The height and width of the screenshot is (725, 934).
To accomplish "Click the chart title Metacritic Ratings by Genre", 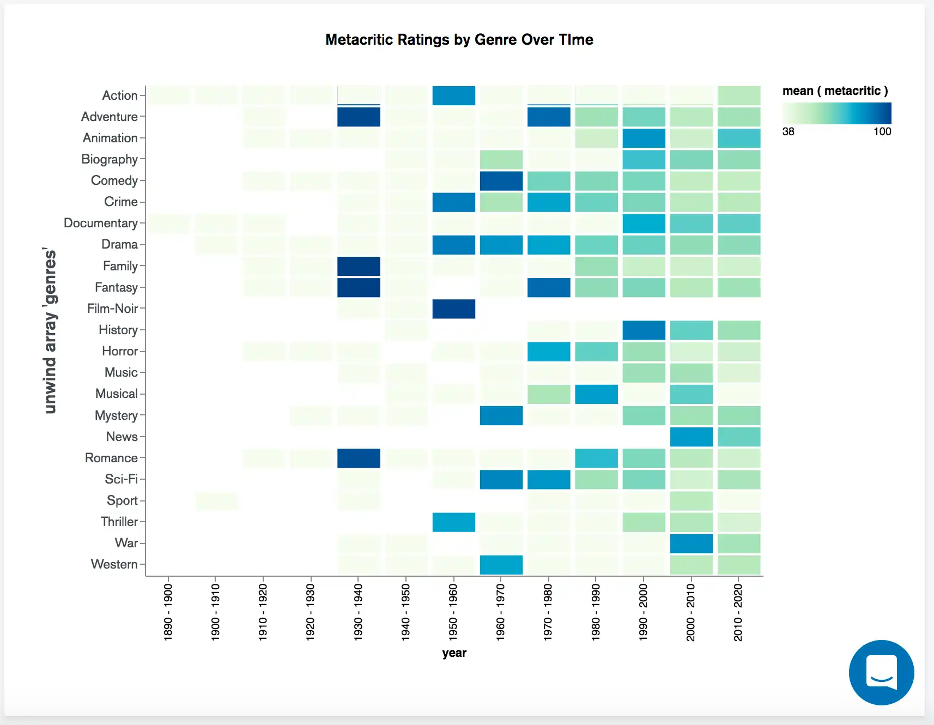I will (459, 40).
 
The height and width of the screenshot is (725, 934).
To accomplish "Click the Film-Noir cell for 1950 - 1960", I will (453, 309).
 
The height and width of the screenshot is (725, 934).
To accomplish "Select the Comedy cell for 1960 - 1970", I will (501, 181).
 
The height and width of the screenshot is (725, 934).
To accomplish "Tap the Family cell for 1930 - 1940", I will (359, 267).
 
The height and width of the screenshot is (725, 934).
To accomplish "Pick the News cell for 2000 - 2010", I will (691, 437).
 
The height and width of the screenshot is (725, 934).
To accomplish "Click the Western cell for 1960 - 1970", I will (501, 565).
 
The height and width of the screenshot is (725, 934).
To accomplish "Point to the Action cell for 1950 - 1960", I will (453, 95).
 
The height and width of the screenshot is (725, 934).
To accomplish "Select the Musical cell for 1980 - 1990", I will (596, 394).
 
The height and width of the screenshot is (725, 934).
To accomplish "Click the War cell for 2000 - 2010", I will (691, 543).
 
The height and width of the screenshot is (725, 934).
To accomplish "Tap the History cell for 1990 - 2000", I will (644, 330).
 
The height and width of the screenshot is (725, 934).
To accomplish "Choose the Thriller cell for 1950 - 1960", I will (453, 522).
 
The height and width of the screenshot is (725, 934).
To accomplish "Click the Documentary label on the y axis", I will (101, 223).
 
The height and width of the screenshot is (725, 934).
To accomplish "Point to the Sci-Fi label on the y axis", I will (122, 479).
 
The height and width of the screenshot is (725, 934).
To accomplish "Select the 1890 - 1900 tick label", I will (168, 612).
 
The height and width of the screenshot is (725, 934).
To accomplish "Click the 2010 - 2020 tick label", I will (738, 612).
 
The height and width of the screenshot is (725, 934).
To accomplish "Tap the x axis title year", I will (454, 653).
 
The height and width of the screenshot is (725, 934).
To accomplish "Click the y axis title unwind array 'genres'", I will (50, 331).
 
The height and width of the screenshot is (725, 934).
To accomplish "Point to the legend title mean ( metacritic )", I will (835, 91).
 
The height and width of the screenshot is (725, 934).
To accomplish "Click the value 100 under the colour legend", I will (882, 131).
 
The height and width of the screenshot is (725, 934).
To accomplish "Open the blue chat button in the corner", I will (881, 672).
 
